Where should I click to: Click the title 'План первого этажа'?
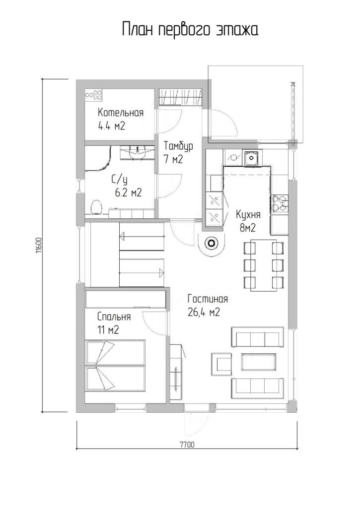pyautogui.click(x=190, y=30)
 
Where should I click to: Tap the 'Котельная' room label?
pyautogui.click(x=121, y=113)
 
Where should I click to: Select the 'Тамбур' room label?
pyautogui.click(x=178, y=146)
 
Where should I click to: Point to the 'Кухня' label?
pyautogui.click(x=248, y=214)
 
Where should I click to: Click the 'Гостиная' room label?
pyautogui.click(x=208, y=299)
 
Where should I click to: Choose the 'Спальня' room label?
pyautogui.click(x=114, y=317)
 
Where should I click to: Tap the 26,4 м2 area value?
pyautogui.click(x=204, y=313)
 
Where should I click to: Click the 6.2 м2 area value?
pyautogui.click(x=128, y=193)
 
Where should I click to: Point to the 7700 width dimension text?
pyautogui.click(x=187, y=444)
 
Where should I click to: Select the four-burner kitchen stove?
pyautogui.click(x=279, y=204)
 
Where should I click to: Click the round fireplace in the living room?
pyautogui.click(x=212, y=243)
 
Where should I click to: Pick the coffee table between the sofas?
pyautogui.click(x=258, y=362)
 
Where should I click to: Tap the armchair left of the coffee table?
pyautogui.click(x=221, y=362)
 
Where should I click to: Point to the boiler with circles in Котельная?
pyautogui.click(x=93, y=95)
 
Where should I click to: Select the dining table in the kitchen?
pyautogui.click(x=263, y=265)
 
